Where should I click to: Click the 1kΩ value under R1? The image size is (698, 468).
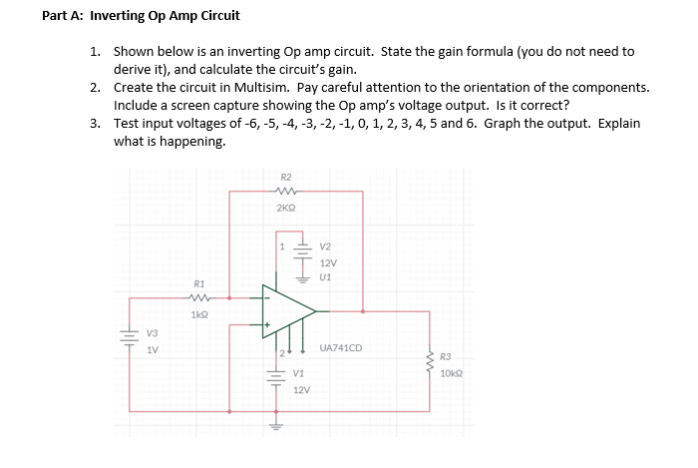pyautogui.click(x=198, y=314)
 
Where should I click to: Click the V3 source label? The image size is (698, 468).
pyautogui.click(x=152, y=332)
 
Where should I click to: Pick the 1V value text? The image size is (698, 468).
pyautogui.click(x=152, y=349)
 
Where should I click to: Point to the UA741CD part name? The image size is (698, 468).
pyautogui.click(x=341, y=348)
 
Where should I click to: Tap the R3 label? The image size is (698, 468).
pyautogui.click(x=445, y=355)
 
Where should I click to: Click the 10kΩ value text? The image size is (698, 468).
pyautogui.click(x=451, y=371)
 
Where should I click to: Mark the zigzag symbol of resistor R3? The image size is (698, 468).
pyautogui.click(x=430, y=363)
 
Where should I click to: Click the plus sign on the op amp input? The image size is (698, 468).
pyautogui.click(x=266, y=325)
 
